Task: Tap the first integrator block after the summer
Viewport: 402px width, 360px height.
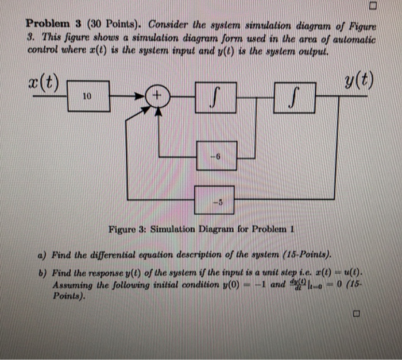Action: coord(216,97)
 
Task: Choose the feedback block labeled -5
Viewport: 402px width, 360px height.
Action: coord(216,200)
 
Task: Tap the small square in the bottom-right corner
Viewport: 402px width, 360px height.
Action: coord(356,315)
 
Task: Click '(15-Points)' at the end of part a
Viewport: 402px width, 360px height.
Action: coord(305,256)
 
